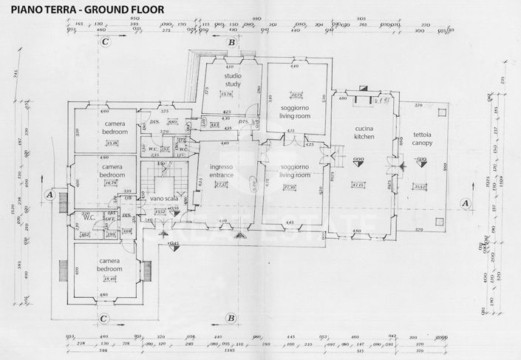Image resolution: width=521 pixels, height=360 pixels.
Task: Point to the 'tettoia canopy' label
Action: click(423, 137)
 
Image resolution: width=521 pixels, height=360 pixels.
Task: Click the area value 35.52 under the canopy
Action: click(421, 186)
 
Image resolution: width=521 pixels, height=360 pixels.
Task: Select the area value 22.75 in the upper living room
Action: click(297, 95)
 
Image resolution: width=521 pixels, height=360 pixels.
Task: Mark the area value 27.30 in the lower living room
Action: click(290, 188)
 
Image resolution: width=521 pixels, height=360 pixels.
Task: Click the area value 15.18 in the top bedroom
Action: click(112, 143)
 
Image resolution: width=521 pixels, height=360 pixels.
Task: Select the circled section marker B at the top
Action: click(231, 43)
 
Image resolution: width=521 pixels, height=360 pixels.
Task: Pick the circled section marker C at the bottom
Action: click(106, 319)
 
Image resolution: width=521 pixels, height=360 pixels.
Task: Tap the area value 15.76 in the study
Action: click(227, 94)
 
